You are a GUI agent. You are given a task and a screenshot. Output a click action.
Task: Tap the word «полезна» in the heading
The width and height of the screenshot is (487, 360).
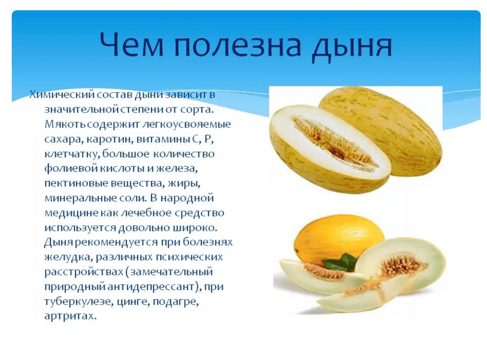238,46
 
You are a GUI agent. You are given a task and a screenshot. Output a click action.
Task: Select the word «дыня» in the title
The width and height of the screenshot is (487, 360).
352,48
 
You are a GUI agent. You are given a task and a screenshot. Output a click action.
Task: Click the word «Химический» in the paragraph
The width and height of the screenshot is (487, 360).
62,94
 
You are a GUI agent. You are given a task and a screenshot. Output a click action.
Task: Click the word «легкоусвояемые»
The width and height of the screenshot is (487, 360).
187,124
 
